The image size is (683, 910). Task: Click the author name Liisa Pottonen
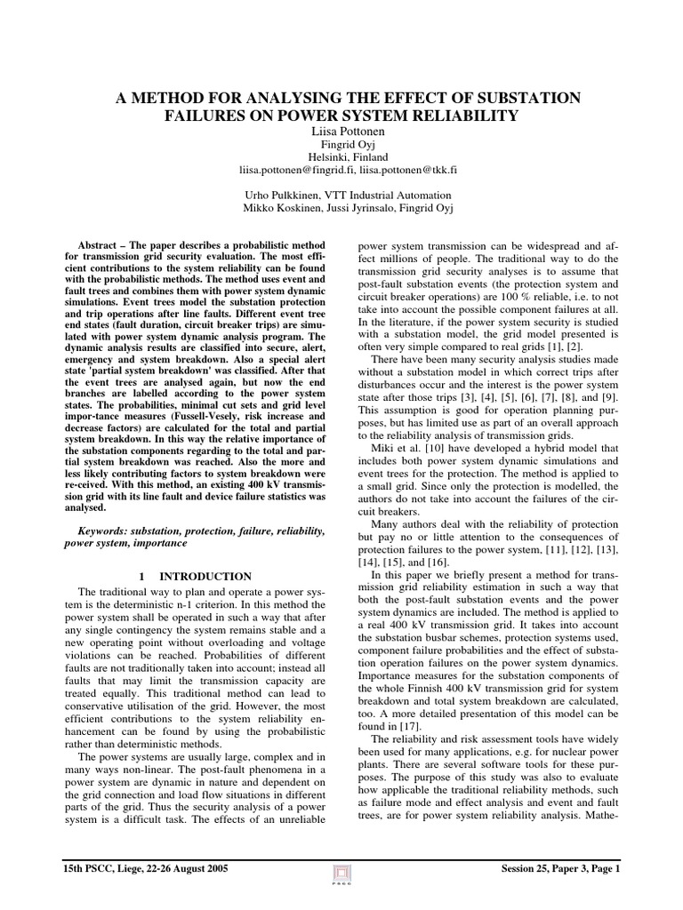[342, 132]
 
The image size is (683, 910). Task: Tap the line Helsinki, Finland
[342, 156]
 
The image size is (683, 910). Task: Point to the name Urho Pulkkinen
[283, 195]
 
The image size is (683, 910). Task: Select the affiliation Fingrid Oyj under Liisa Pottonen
[342, 144]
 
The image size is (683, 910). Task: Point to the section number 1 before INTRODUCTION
[141, 576]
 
